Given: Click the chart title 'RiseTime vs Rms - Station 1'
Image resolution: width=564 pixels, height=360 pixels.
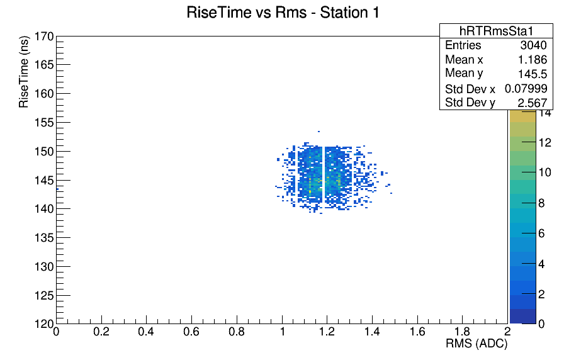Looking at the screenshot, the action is click(283, 13).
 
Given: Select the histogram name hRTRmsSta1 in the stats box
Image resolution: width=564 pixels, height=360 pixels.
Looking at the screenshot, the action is click(496, 31).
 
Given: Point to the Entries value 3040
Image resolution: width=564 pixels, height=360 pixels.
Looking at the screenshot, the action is click(533, 45).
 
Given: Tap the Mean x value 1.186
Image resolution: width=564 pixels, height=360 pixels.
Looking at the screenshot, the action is click(533, 60).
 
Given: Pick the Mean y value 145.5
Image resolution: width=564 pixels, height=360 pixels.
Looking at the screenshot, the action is click(533, 74).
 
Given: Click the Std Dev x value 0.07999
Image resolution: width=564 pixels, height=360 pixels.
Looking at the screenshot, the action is click(526, 89).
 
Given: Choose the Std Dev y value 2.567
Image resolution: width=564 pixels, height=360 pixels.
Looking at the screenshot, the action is click(533, 103).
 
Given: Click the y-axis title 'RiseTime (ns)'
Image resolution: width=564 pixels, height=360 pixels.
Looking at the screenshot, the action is click(24, 72).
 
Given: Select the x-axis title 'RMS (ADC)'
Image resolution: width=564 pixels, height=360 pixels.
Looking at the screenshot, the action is click(477, 344).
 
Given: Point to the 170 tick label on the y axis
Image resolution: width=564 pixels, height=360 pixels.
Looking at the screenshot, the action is click(44, 37).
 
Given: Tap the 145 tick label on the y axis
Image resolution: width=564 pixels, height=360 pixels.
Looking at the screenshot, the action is click(44, 180).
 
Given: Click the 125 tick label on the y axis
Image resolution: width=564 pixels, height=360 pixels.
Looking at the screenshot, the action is click(44, 296).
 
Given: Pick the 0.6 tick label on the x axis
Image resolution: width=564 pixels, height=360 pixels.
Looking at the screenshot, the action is click(191, 332).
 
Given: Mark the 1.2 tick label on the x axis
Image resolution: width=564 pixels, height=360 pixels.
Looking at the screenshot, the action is click(327, 332).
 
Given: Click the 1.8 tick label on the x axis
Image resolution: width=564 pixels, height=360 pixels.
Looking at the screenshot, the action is click(463, 332).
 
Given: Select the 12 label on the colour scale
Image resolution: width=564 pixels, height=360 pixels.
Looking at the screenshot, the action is click(545, 143).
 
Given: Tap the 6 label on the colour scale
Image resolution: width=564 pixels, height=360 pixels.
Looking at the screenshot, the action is click(542, 233).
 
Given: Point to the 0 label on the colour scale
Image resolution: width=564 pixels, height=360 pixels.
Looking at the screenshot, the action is click(542, 324).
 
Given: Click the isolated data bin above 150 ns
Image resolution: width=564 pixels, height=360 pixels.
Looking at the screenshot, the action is click(319, 132).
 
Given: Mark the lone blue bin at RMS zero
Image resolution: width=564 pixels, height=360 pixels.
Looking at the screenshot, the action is click(57, 189).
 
